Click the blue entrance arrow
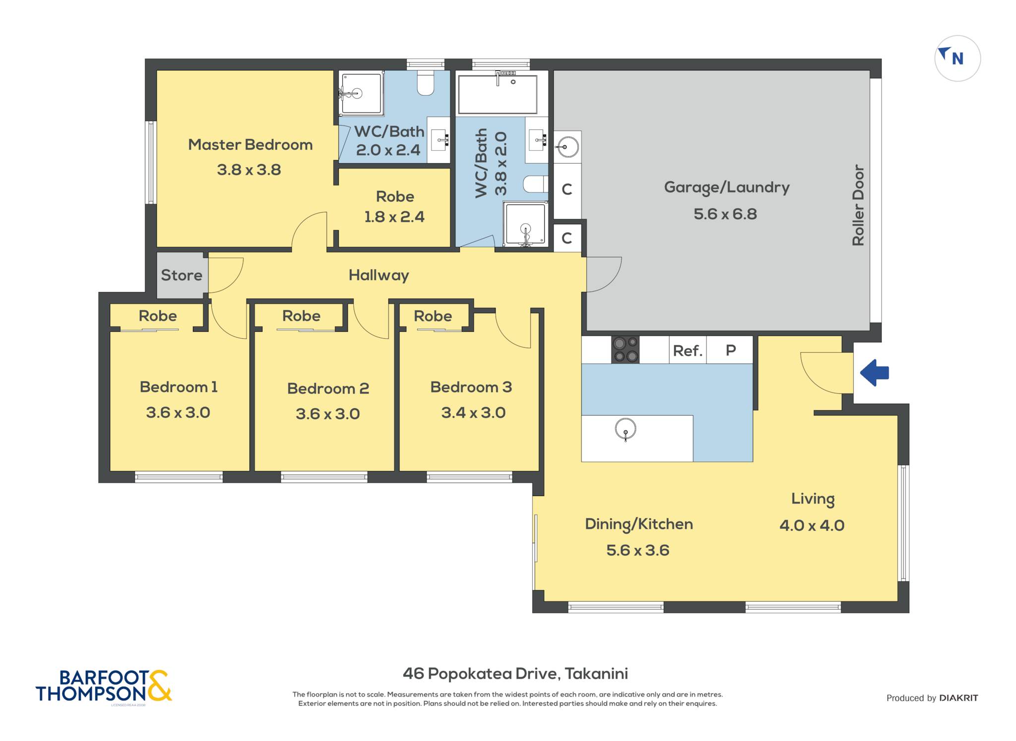(874, 372)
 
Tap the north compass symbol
(957, 59)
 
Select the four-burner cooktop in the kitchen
(625, 350)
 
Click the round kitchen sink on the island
(626, 429)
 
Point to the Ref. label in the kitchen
(688, 351)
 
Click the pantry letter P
(731, 351)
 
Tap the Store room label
(182, 275)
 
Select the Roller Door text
(858, 205)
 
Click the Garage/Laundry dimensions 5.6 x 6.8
(725, 214)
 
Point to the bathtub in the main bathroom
(498, 94)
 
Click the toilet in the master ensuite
(426, 83)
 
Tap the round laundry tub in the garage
(567, 146)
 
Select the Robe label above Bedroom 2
(301, 316)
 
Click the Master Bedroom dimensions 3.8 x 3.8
(249, 170)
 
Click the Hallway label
(379, 275)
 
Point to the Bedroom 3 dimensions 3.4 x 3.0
(473, 413)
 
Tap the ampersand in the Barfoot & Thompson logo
(159, 686)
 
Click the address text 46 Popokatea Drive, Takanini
(515, 674)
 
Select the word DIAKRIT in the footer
(958, 698)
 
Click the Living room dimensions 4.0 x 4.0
(812, 525)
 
